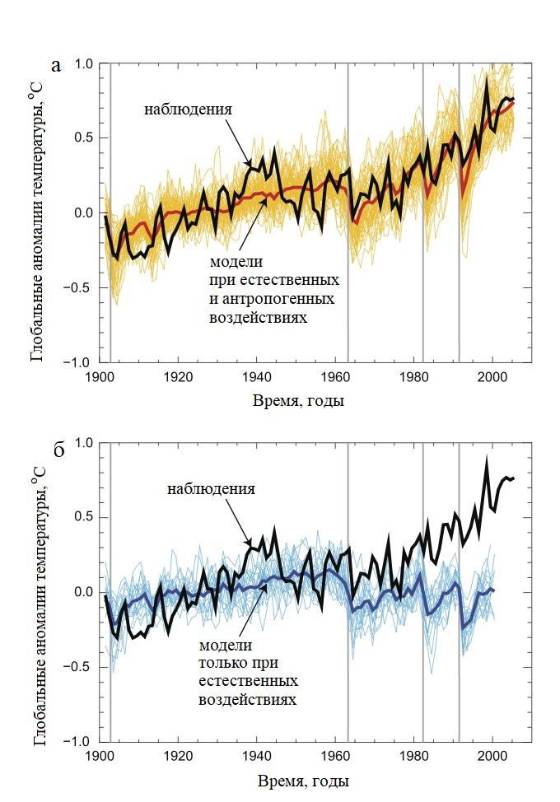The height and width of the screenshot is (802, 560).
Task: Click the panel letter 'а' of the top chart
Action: click(x=56, y=66)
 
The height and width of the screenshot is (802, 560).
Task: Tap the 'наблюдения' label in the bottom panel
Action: click(x=211, y=489)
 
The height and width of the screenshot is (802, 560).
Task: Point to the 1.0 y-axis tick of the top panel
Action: click(x=86, y=63)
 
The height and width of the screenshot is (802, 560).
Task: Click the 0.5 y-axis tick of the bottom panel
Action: click(x=86, y=518)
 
